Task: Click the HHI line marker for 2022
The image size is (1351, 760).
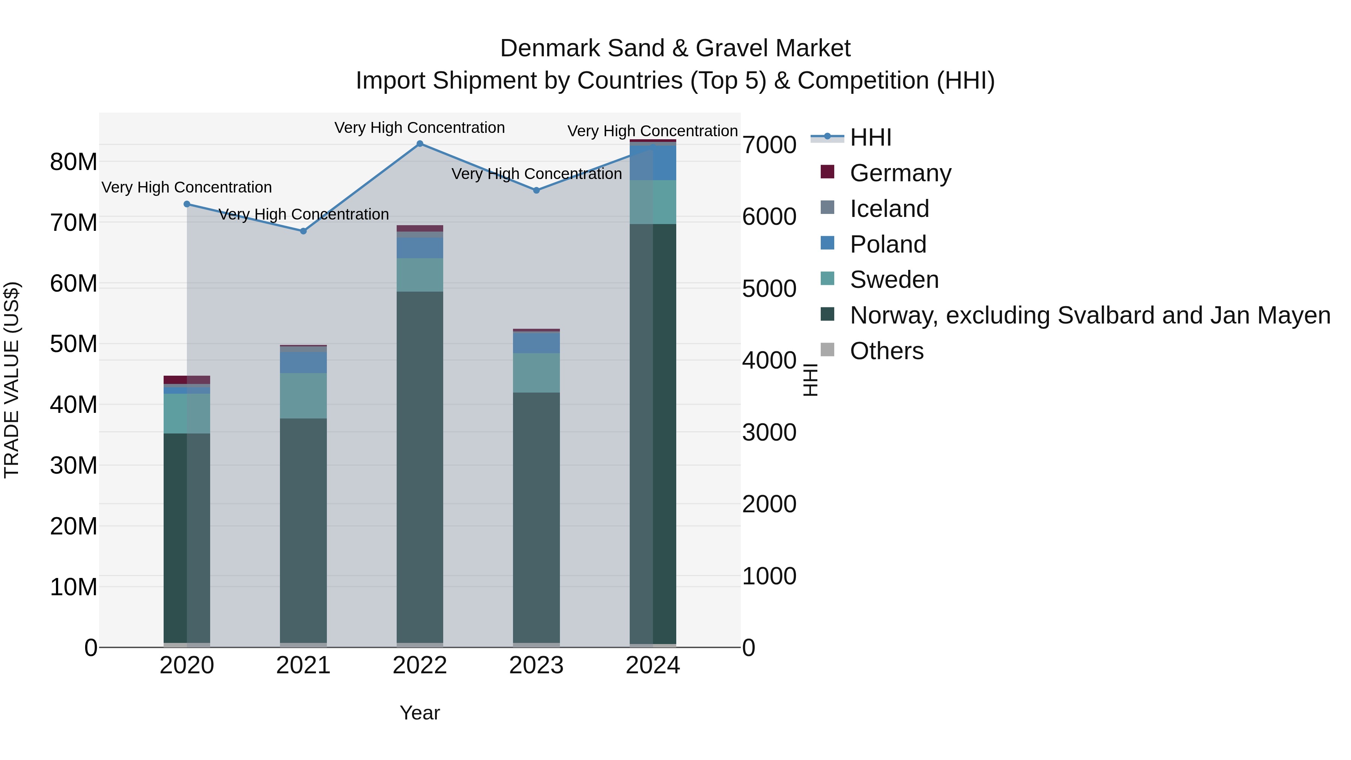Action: (420, 144)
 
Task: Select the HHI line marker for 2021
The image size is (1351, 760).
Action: (303, 231)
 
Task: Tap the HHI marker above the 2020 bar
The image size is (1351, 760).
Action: (187, 204)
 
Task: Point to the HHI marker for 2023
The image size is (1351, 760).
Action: (536, 190)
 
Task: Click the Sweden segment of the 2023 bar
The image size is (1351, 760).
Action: (536, 373)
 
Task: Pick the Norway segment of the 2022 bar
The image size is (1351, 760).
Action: (420, 467)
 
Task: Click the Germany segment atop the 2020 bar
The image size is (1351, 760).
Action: (187, 380)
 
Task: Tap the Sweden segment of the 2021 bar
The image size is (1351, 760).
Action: (303, 396)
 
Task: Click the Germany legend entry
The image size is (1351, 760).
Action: (900, 173)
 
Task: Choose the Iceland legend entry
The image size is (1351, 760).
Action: (889, 209)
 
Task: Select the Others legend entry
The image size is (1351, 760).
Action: (886, 351)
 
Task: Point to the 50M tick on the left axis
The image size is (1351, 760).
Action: (74, 344)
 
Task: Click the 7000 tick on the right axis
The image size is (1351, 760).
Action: (769, 145)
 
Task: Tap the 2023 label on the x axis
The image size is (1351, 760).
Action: (536, 665)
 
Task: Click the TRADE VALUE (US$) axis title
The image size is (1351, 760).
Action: (12, 380)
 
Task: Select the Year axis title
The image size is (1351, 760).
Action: (420, 713)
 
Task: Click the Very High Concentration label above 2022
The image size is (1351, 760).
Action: (420, 128)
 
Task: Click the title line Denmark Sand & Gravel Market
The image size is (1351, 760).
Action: (675, 48)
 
